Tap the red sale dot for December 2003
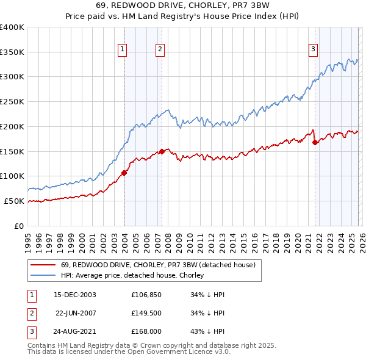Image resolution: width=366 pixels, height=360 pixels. point(124,173)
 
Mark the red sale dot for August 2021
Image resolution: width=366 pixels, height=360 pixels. point(315,142)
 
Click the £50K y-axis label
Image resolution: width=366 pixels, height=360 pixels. point(14,201)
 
